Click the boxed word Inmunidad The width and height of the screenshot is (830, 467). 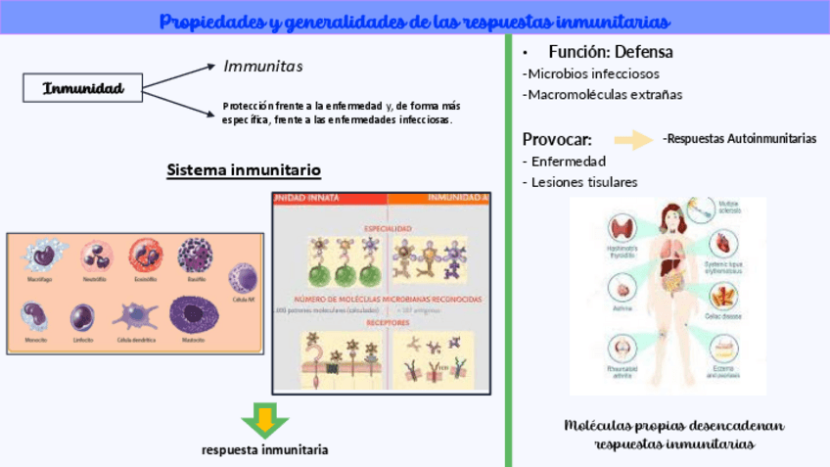click(x=82, y=89)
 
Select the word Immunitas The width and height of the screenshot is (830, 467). click(x=263, y=67)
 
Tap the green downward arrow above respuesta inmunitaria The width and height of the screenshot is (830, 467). click(x=264, y=419)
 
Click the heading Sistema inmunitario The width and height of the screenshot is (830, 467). click(x=244, y=170)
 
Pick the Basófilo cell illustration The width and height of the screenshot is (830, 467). click(x=195, y=257)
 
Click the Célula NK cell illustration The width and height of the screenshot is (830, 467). click(x=243, y=278)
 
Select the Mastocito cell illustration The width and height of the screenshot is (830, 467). click(x=193, y=315)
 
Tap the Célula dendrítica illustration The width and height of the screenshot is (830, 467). click(x=136, y=316)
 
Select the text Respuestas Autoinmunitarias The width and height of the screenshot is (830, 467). click(x=740, y=139)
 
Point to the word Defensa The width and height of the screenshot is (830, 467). click(x=642, y=52)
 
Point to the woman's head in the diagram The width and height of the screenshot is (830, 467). click(x=670, y=215)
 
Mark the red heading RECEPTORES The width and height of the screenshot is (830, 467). click(x=388, y=322)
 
